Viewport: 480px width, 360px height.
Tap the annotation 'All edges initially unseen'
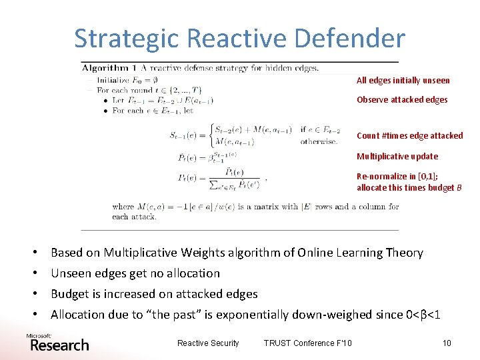403,81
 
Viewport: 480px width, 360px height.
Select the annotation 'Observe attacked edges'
401,100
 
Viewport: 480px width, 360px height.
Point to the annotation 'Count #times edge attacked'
409,136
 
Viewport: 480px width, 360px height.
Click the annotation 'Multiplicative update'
397,157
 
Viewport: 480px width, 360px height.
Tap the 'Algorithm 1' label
105,68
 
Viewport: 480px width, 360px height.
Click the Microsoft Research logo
57,343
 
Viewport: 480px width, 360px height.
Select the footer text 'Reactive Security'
208,343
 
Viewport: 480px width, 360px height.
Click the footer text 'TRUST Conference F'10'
307,343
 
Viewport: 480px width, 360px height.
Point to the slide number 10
446,343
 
